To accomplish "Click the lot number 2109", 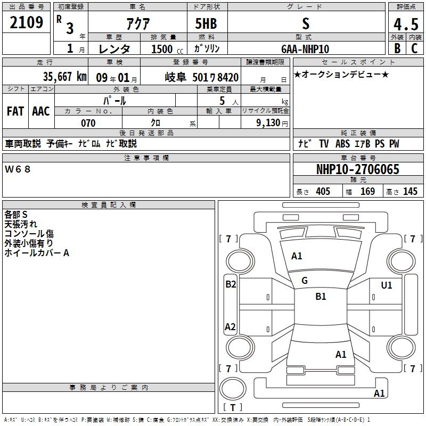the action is point(27,23).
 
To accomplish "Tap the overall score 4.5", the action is point(404,25).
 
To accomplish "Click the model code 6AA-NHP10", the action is point(305,48).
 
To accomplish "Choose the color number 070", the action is point(88,123).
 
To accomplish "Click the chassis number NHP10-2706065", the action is point(357,169).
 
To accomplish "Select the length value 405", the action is point(323,192).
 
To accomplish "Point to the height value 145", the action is point(410,192).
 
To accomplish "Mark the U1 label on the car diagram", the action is point(387,285).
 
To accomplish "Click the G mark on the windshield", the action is point(305,281).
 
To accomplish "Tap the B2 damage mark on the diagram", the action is point(231,284).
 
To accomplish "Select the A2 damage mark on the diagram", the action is point(230,327).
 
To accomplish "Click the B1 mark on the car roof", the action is point(321,297).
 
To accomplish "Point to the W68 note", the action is point(18,169).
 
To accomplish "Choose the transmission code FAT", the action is point(15,111).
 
